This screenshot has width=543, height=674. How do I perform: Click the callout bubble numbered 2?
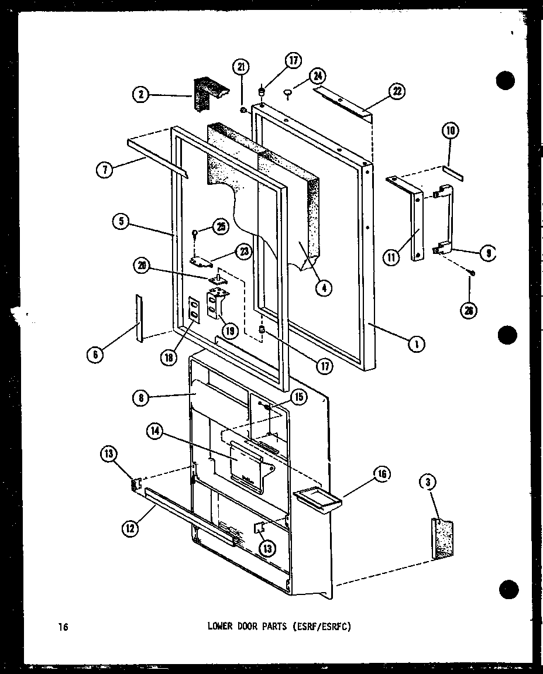click(141, 94)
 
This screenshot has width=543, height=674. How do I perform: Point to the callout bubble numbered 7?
click(104, 171)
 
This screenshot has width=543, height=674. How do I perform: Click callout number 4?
click(322, 287)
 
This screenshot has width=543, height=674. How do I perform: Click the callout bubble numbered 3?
click(428, 482)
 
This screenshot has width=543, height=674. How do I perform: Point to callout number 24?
click(318, 76)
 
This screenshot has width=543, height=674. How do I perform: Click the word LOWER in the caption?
click(220, 627)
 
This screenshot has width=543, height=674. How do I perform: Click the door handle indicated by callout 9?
click(444, 219)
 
